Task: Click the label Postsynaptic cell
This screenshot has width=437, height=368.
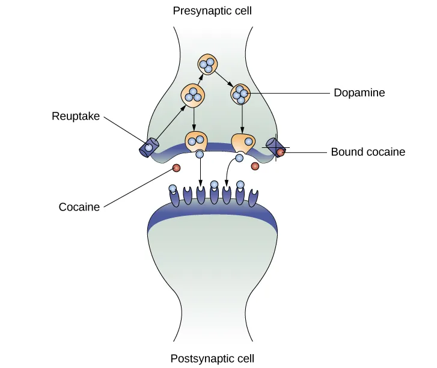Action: click(x=212, y=359)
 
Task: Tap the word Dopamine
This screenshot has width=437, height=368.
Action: click(x=359, y=93)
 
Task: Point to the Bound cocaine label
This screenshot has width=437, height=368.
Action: click(x=368, y=152)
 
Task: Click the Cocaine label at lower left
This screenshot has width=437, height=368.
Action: click(x=79, y=207)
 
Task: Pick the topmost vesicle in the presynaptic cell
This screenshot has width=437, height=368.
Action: click(x=208, y=64)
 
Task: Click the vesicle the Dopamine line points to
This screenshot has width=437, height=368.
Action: click(x=240, y=94)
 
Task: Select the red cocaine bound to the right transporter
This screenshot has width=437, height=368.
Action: click(x=280, y=152)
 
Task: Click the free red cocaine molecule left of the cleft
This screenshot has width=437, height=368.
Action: click(x=177, y=168)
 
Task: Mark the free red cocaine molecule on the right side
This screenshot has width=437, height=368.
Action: click(x=255, y=166)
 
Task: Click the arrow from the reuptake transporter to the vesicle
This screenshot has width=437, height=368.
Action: click(x=170, y=124)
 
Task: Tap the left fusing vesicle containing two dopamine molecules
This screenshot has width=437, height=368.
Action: click(x=196, y=142)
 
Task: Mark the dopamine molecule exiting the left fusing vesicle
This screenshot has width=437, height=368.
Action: click(x=200, y=155)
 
